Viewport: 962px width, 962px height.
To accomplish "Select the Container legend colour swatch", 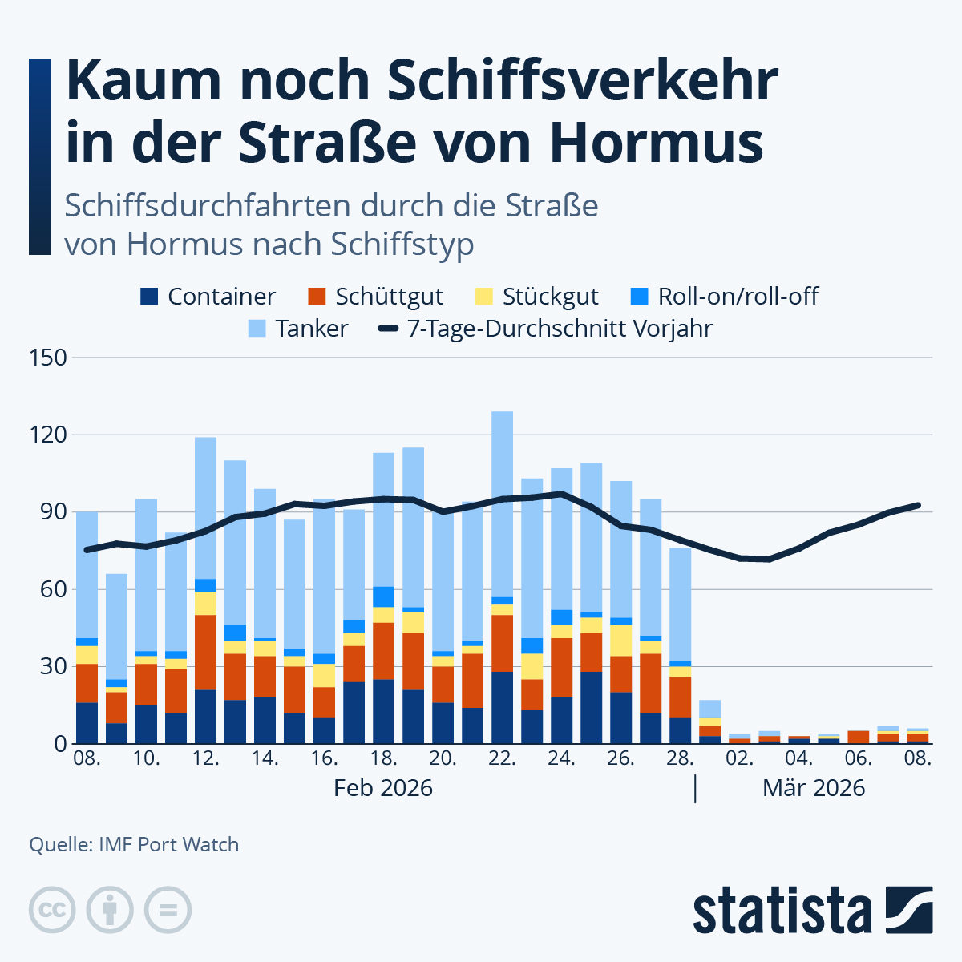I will tap(149, 297).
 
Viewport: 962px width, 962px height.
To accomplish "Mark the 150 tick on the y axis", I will tap(48, 358).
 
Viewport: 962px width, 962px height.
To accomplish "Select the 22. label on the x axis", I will tap(502, 758).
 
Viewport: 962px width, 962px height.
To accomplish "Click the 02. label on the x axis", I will tap(739, 758).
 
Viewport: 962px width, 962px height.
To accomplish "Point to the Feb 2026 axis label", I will tap(383, 788).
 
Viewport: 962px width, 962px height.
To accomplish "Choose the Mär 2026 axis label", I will tap(814, 788).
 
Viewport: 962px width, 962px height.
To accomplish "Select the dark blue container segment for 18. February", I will tap(383, 711).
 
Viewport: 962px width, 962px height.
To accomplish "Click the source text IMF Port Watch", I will tap(168, 844).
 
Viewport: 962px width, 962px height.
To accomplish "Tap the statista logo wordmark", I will tap(782, 911).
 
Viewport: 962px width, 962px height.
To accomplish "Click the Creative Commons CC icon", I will tap(52, 910).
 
